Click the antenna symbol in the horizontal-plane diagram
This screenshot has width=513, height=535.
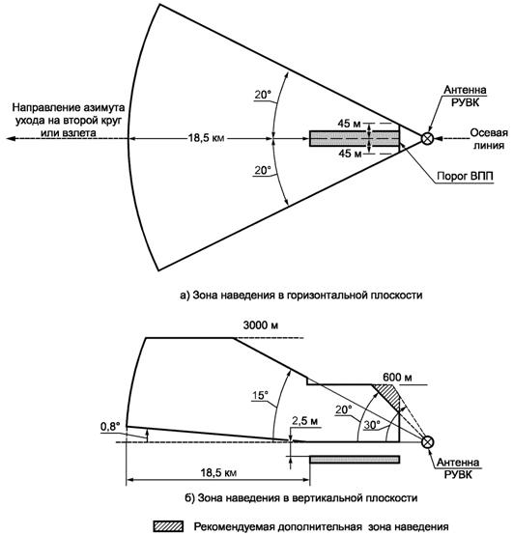click(x=427, y=138)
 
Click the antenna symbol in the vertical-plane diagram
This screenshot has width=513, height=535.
click(x=427, y=442)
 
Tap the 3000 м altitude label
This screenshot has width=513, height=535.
click(x=261, y=325)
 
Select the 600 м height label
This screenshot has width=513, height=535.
click(x=397, y=377)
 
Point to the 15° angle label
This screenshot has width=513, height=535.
click(x=260, y=395)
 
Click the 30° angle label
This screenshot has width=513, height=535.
click(x=372, y=425)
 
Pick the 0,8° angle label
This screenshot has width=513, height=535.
click(x=110, y=426)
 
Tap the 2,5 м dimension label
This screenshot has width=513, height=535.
click(x=304, y=421)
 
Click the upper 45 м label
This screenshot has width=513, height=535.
click(x=349, y=124)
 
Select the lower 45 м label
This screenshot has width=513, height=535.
click(x=350, y=154)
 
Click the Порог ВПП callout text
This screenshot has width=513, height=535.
click(x=465, y=176)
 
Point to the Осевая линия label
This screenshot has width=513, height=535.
click(x=489, y=139)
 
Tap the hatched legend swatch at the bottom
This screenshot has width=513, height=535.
click(x=168, y=526)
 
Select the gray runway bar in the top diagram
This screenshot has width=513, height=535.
click(x=355, y=138)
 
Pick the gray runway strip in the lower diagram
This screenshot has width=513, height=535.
click(x=355, y=460)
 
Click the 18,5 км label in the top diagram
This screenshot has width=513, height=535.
click(x=206, y=138)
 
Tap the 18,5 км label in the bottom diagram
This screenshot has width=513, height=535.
click(x=218, y=473)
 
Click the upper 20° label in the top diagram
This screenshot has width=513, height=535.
click(x=263, y=95)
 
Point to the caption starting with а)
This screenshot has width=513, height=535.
click(x=300, y=295)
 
